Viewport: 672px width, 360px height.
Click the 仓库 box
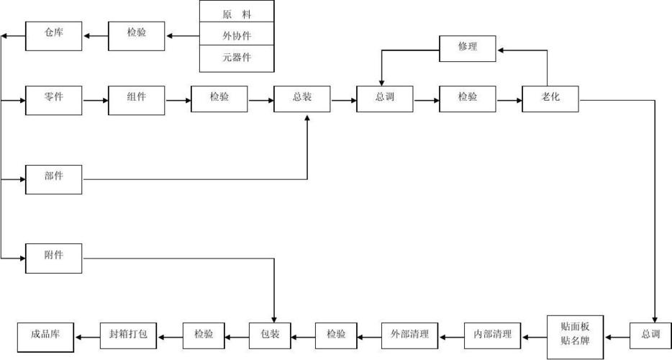coord(53,36)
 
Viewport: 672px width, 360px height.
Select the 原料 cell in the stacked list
coord(237,13)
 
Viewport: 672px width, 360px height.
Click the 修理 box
coord(468,48)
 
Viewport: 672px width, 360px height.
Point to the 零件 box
coord(53,99)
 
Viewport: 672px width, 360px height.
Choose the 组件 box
coord(137,99)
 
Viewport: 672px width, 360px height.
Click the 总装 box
coord(302,99)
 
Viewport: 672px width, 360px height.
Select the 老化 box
coord(550,99)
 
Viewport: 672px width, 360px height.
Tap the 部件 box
coord(53,179)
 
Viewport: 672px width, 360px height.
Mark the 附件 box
coord(53,258)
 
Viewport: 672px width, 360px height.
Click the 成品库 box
coord(47,336)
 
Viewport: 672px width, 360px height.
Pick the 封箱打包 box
coord(128,336)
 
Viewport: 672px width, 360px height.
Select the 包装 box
coord(269,336)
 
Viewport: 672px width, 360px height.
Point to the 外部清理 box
coord(409,336)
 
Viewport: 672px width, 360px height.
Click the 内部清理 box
coord(493,336)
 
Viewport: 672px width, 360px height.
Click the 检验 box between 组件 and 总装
coord(219,99)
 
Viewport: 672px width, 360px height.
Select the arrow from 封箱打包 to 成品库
coord(88,336)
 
